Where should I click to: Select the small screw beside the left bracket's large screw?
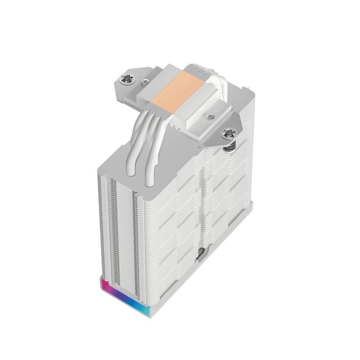[144, 82]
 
